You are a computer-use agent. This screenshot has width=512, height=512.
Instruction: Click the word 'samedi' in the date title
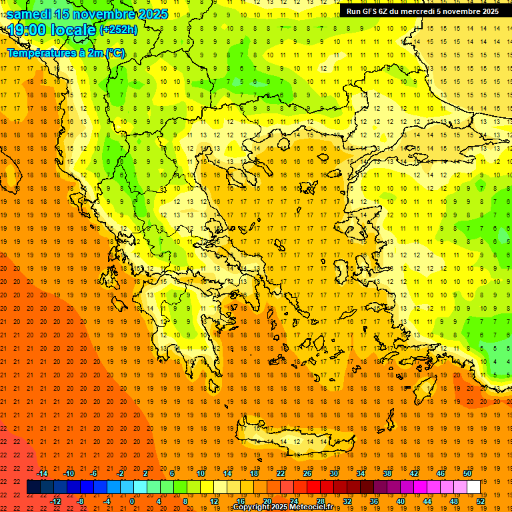[29, 14]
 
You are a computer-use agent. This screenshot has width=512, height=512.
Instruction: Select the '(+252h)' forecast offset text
[118, 30]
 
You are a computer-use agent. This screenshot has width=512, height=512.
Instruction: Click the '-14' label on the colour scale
[42, 473]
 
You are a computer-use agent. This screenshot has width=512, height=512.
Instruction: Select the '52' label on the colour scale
[481, 501]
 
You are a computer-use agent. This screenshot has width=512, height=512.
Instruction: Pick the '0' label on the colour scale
[131, 501]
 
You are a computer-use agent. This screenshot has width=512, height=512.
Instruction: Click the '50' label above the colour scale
[467, 473]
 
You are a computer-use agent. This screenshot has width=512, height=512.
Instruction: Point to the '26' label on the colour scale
[307, 473]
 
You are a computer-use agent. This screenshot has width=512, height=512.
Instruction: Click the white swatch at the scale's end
[473, 487]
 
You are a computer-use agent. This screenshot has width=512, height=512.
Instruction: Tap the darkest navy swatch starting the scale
[33, 487]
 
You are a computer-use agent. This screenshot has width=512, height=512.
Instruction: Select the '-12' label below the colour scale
[55, 501]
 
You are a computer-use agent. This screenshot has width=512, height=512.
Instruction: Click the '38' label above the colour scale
[387, 473]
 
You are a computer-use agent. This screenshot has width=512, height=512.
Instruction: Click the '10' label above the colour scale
[201, 473]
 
